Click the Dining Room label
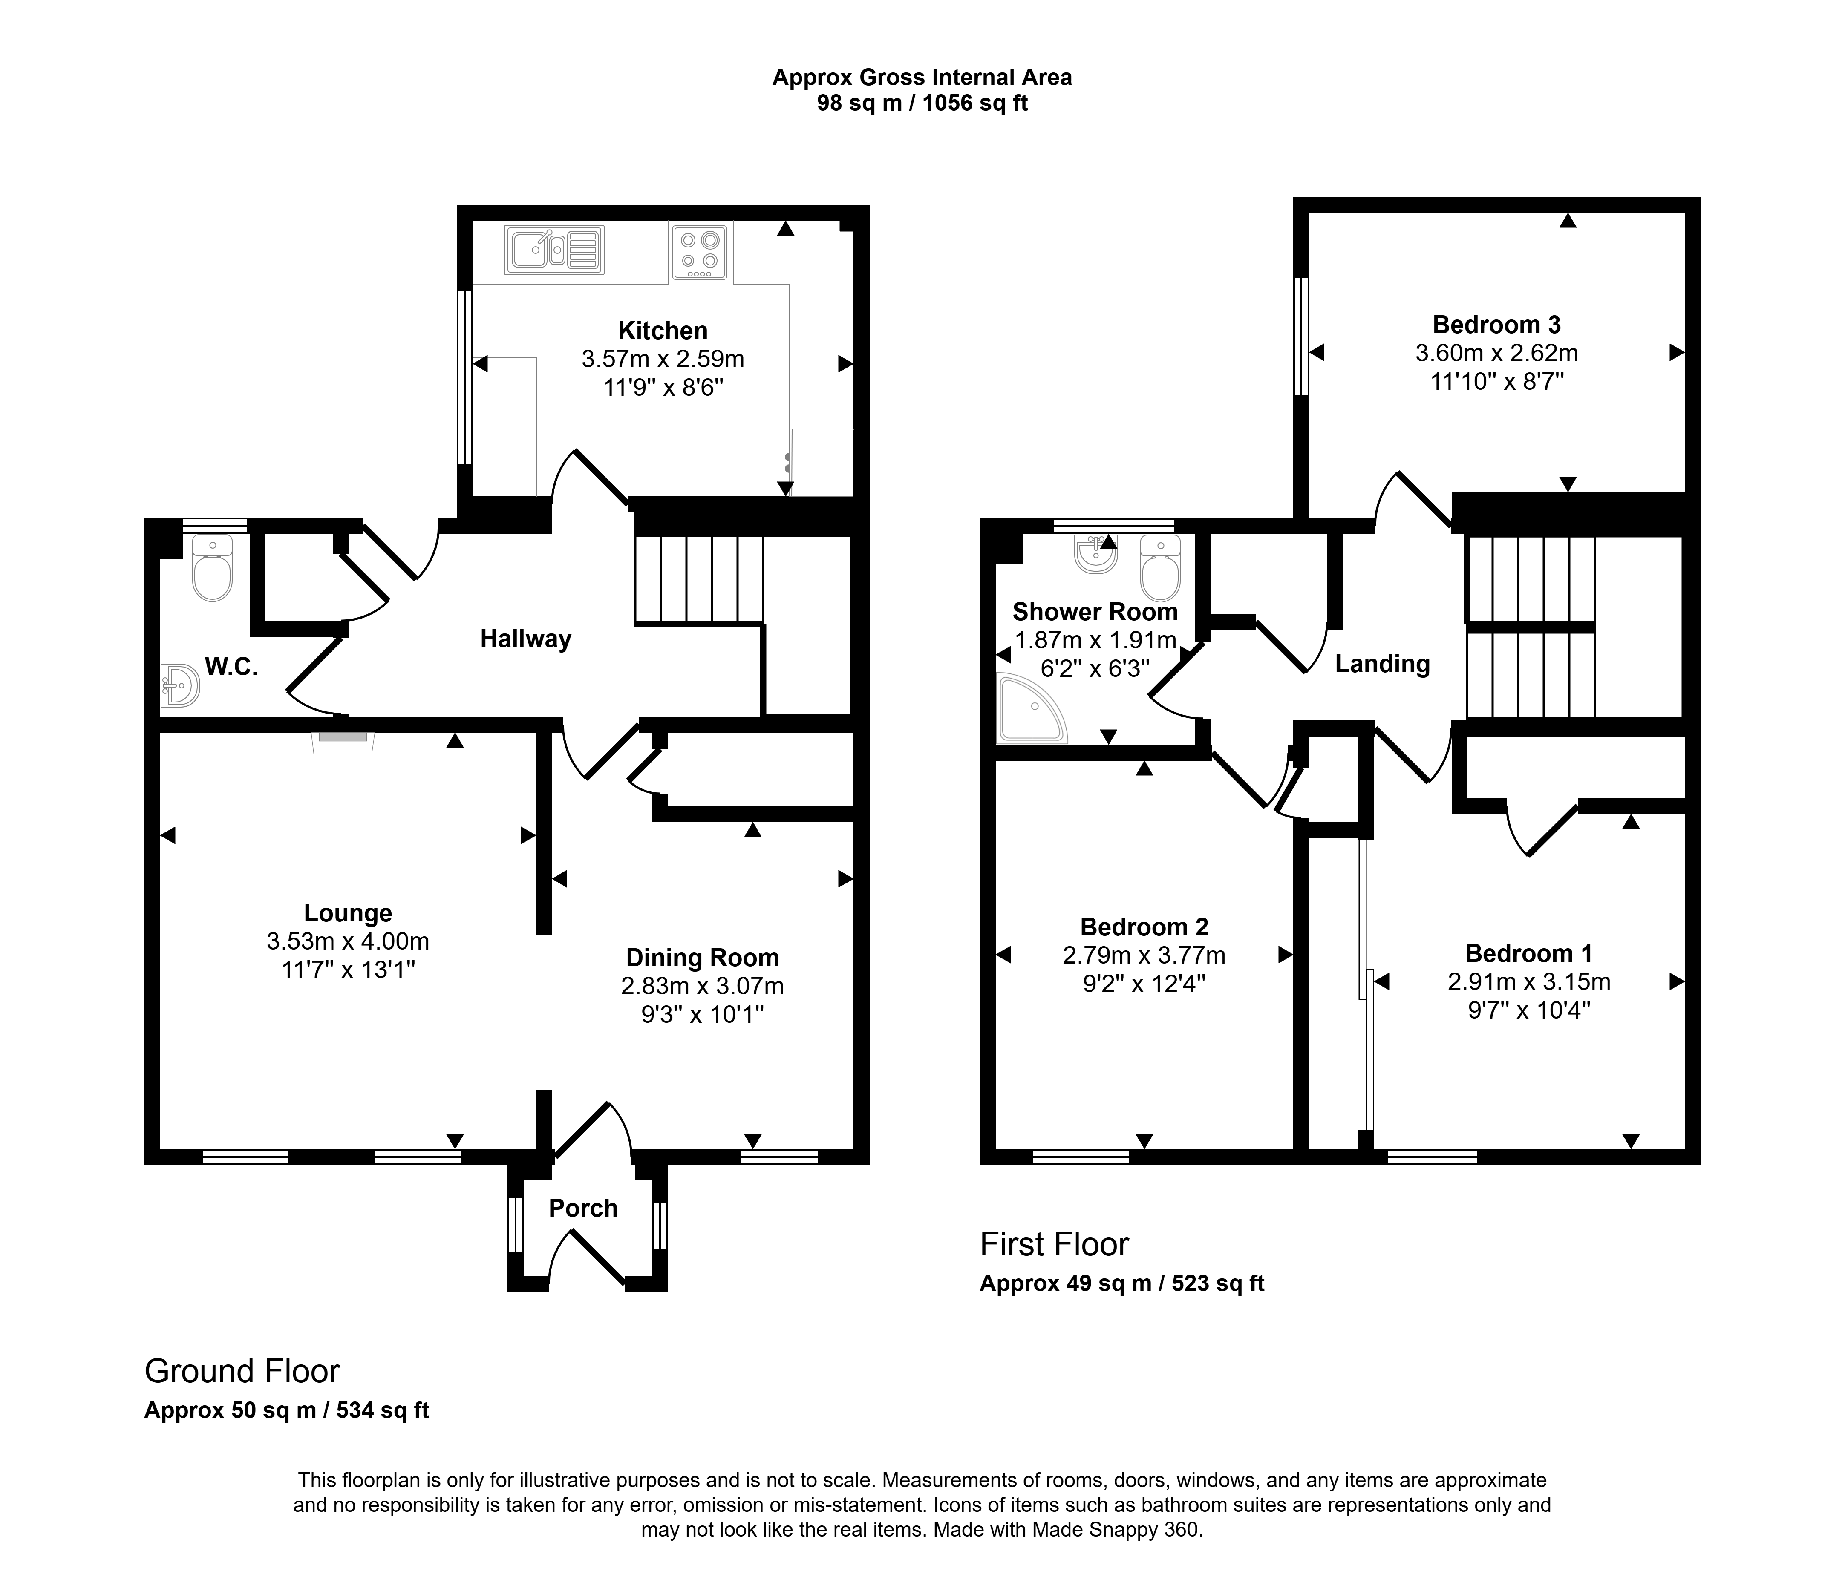click(x=703, y=958)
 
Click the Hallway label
click(x=525, y=639)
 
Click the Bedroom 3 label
click(x=1497, y=325)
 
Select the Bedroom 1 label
click(x=1529, y=953)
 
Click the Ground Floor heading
click(x=242, y=1371)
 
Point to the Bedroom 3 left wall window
click(x=1302, y=335)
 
